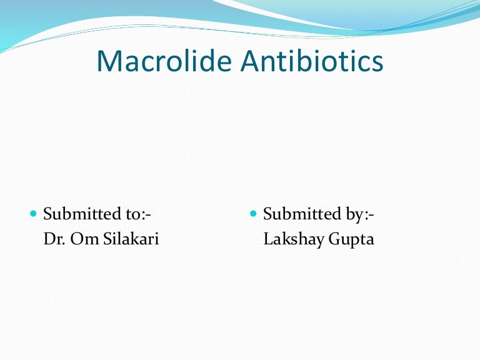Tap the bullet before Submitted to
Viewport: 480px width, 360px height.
(x=34, y=214)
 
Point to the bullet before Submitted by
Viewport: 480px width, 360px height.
(x=253, y=214)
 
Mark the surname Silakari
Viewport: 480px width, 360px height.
(x=130, y=239)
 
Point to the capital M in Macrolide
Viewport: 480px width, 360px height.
(x=109, y=61)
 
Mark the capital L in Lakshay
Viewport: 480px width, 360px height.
(x=268, y=239)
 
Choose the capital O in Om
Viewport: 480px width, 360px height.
(x=76, y=239)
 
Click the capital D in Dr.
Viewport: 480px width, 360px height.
(x=49, y=239)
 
